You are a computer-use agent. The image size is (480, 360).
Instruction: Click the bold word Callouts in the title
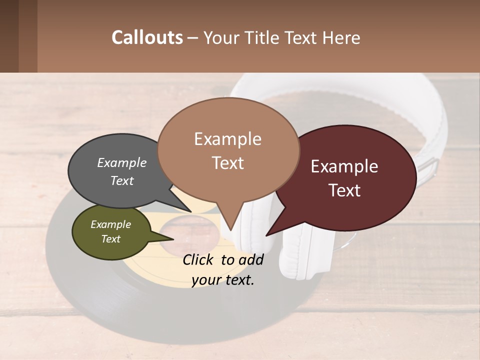[147, 37]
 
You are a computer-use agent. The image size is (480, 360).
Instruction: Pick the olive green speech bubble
[111, 232]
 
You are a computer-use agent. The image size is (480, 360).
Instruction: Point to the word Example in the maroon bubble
[344, 166]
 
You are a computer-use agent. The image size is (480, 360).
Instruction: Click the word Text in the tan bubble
[228, 163]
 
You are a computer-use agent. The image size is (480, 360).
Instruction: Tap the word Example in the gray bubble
[122, 162]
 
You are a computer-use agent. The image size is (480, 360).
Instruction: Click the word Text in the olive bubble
[111, 239]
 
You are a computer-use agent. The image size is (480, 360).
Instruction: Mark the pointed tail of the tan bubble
[230, 229]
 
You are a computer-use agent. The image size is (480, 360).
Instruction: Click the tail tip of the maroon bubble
[267, 234]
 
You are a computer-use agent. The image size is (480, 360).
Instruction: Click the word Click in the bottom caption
[199, 259]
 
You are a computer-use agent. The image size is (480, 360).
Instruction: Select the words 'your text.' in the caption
[223, 280]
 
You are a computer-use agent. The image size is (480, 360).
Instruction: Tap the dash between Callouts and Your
[193, 37]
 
